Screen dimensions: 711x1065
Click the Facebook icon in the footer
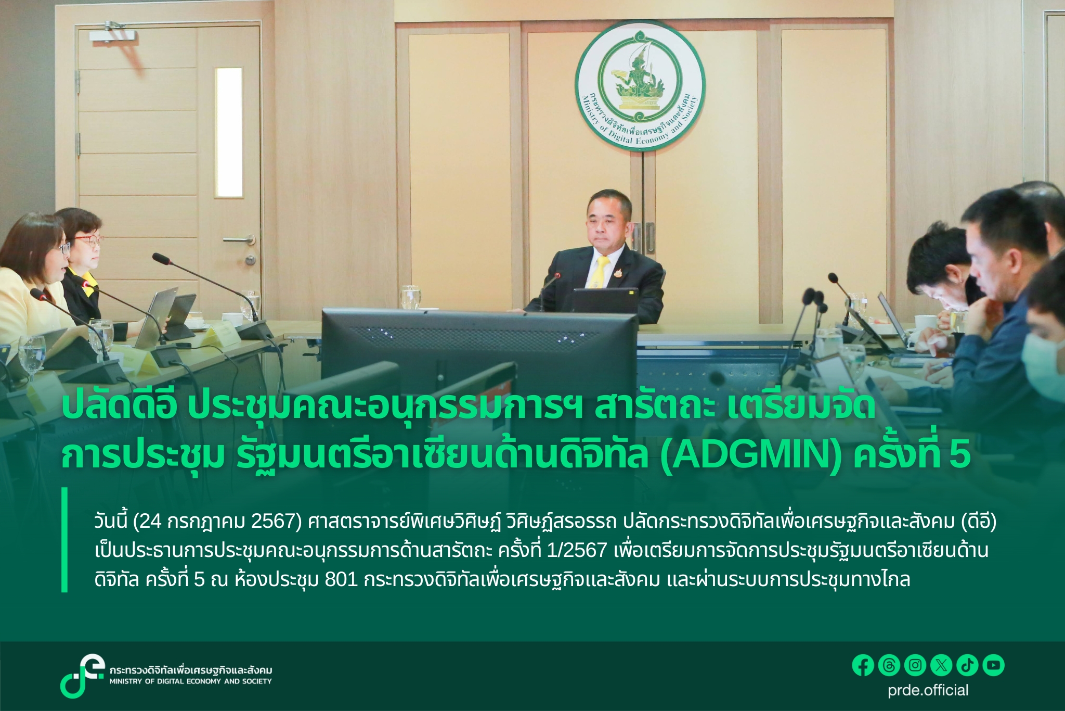point(863,665)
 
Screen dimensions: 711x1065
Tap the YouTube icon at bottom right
point(993,665)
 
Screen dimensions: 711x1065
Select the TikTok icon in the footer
point(967,665)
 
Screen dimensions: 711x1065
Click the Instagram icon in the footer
point(915,665)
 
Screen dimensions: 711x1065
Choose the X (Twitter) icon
point(941,665)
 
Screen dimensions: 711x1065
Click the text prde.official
point(928,690)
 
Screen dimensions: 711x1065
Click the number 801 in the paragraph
point(341,579)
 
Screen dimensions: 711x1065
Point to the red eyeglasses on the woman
point(88,239)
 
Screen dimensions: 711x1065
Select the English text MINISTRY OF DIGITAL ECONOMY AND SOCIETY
point(190,681)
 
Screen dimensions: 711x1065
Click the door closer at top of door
point(113,36)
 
